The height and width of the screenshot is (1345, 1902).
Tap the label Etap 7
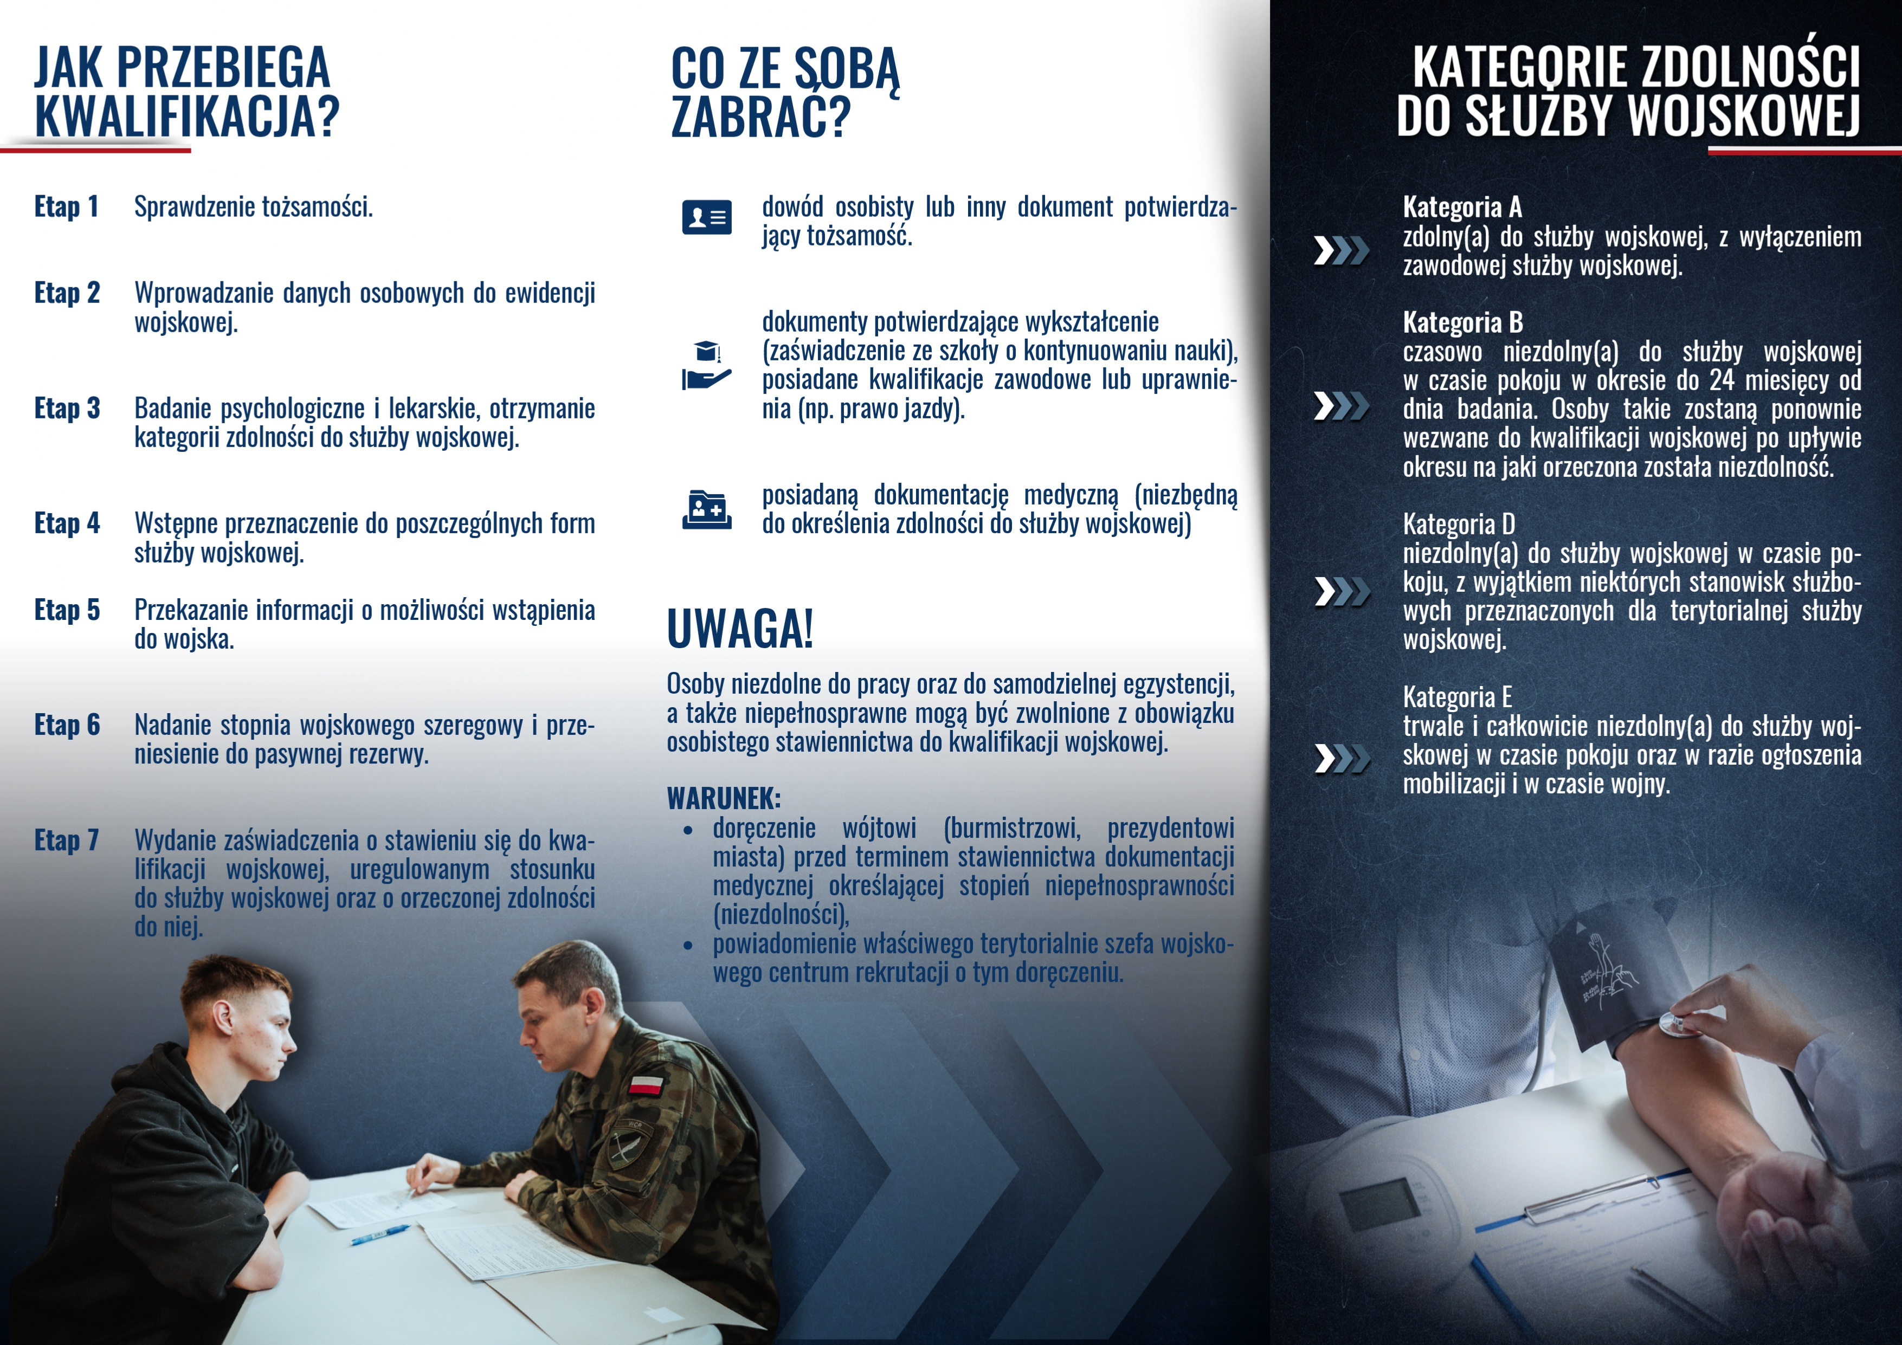[x=66, y=840]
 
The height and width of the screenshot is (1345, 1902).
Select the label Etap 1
[x=66, y=206]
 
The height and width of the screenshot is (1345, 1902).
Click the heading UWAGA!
[x=740, y=630]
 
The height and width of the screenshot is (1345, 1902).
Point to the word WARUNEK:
[x=723, y=798]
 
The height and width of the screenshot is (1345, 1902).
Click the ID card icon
[x=707, y=217]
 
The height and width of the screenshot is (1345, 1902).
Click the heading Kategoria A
[x=1462, y=206]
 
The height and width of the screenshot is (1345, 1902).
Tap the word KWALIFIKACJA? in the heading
[x=187, y=116]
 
